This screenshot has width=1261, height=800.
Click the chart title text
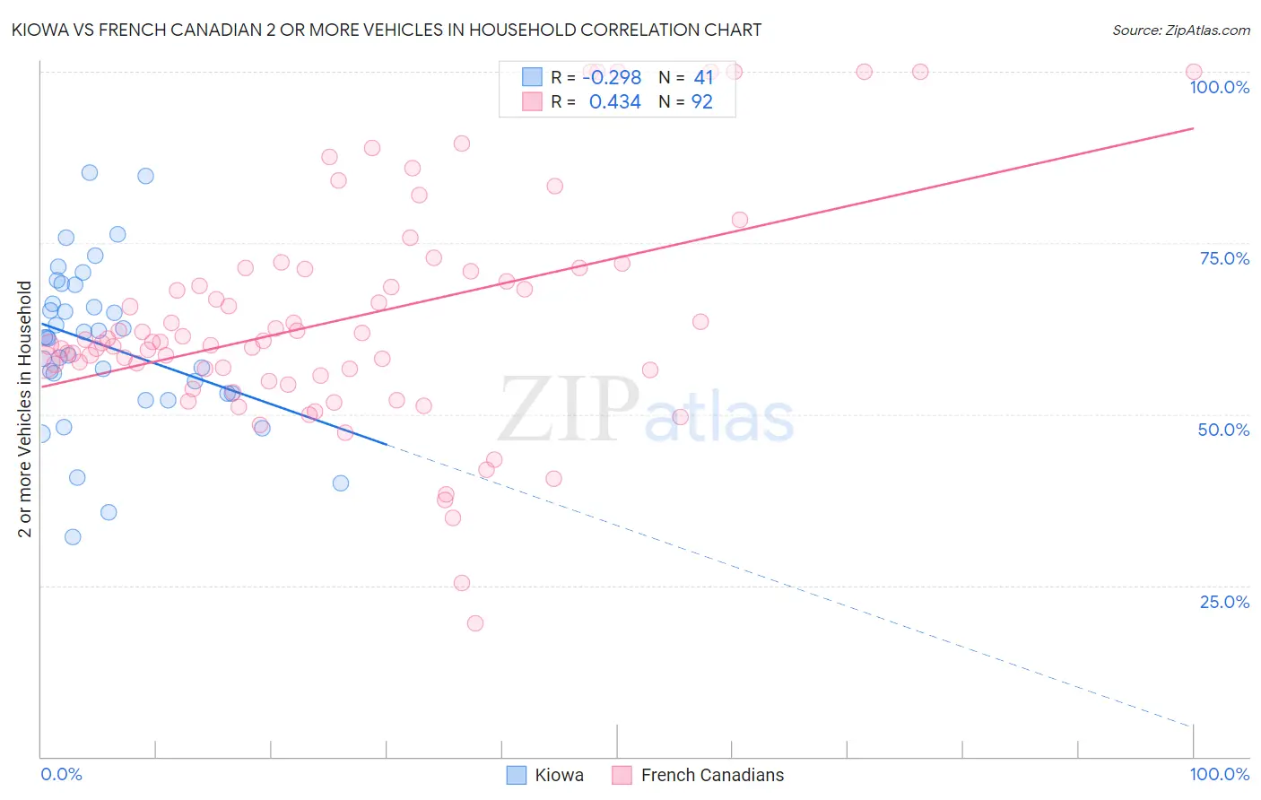pyautogui.click(x=387, y=30)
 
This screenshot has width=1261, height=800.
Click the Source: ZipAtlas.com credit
pyautogui.click(x=1180, y=30)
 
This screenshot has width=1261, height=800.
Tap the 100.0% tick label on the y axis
pyautogui.click(x=1219, y=87)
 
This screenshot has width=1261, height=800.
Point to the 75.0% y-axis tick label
pyautogui.click(x=1224, y=258)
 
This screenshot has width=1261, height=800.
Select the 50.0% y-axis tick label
pyautogui.click(x=1223, y=430)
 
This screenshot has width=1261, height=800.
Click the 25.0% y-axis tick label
pyautogui.click(x=1224, y=602)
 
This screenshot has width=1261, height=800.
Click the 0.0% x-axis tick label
pyautogui.click(x=61, y=774)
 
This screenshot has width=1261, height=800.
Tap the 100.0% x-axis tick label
pyautogui.click(x=1219, y=774)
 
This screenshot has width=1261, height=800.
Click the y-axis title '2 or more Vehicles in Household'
pyautogui.click(x=25, y=409)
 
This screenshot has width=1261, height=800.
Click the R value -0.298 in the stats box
pyautogui.click(x=612, y=78)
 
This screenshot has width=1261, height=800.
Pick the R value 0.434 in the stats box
pyautogui.click(x=614, y=102)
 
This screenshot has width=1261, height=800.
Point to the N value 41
pyautogui.click(x=703, y=78)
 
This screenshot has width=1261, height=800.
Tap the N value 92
pyautogui.click(x=701, y=102)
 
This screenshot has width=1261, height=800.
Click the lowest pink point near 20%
pyautogui.click(x=475, y=623)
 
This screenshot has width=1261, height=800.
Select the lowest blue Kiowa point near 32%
pyautogui.click(x=73, y=537)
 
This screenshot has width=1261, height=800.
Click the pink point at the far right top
pyautogui.click(x=1194, y=72)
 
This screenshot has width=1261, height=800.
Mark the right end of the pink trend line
pyautogui.click(x=1193, y=128)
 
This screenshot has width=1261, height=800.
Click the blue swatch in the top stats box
pyautogui.click(x=532, y=77)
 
